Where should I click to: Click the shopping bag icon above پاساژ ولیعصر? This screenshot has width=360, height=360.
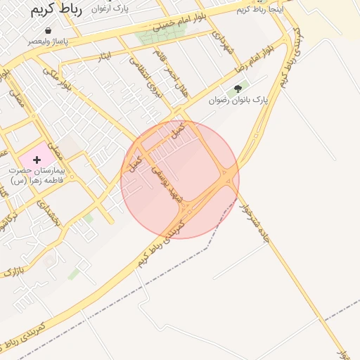[x=48, y=31]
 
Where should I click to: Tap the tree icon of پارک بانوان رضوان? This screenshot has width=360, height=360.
[x=237, y=89]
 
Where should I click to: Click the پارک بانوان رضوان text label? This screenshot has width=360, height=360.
[x=238, y=101]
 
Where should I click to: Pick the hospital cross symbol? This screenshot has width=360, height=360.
[x=37, y=160]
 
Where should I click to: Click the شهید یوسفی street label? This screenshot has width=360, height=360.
[x=169, y=189]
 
